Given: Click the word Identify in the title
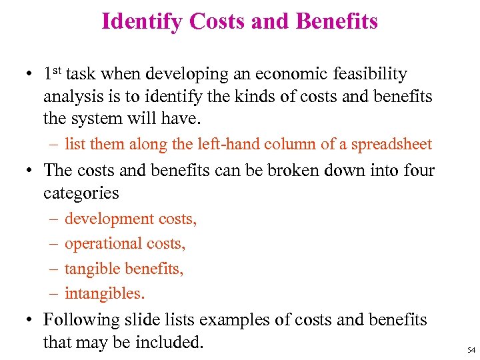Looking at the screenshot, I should point(142,22).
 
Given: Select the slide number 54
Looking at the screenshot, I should point(471,349).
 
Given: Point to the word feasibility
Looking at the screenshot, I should point(373,73).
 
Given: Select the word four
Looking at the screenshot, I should point(419,170).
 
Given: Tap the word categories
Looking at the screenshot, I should point(81,193).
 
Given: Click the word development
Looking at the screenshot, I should point(110,219).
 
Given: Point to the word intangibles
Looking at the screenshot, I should point(105,293).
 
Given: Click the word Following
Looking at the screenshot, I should point(81,320).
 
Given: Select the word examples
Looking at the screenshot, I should point(234,320).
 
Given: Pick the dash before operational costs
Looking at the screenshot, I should point(53,244).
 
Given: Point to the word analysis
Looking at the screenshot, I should point(74,97).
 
